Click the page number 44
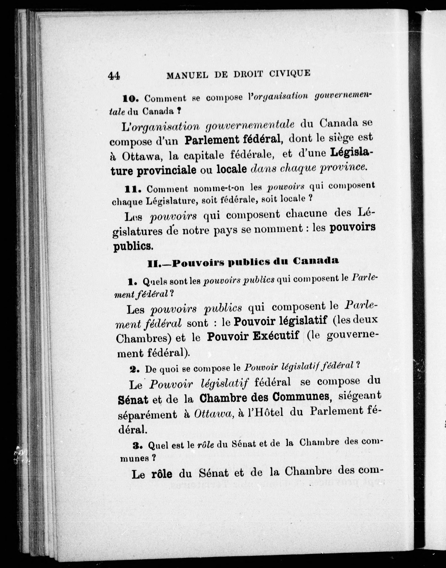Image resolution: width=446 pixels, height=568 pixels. click(x=114, y=76)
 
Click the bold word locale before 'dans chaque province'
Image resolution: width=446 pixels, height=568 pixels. click(x=232, y=169)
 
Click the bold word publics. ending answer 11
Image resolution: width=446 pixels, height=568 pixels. click(x=133, y=246)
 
